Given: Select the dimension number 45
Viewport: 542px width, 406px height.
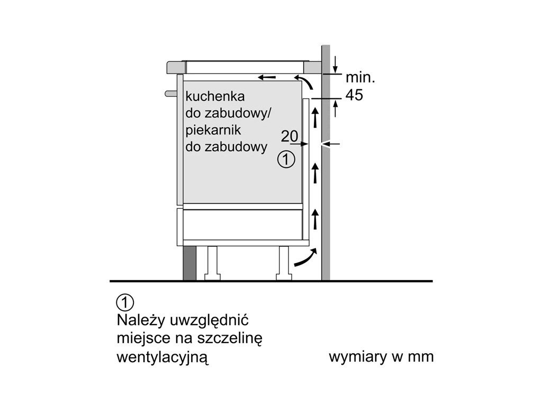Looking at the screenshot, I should [x=354, y=95].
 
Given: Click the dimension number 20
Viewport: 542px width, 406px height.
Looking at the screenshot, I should [x=290, y=136].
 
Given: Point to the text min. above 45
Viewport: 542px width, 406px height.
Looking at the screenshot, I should [x=360, y=78].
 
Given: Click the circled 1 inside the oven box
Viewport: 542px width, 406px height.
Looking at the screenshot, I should [x=286, y=159].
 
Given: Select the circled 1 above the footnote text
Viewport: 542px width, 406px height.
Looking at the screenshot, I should [x=124, y=303].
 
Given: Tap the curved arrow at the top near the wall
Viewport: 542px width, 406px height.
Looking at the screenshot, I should [x=305, y=82].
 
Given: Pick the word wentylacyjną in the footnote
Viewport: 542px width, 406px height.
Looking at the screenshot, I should [x=162, y=357].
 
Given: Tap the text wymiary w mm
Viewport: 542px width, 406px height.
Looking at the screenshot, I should [x=381, y=357].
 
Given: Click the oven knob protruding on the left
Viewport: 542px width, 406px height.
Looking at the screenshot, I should [x=170, y=94].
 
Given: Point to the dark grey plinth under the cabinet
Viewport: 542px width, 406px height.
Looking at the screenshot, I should [x=188, y=262].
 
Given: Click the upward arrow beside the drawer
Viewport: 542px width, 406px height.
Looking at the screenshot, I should [x=315, y=218].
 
